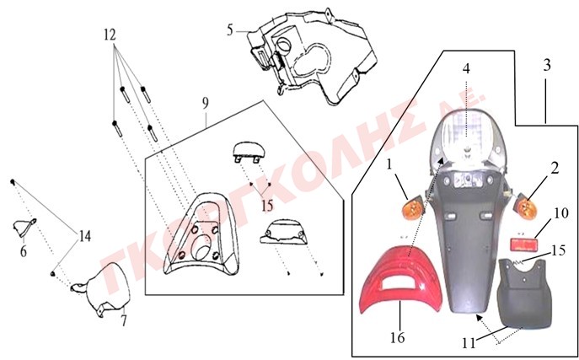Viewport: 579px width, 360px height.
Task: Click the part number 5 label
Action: pyautogui.click(x=230, y=30)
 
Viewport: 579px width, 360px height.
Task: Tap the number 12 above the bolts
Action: pyautogui.click(x=110, y=35)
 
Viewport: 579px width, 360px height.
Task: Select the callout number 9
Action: pyautogui.click(x=206, y=103)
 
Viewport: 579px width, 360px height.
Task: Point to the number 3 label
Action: pyautogui.click(x=547, y=65)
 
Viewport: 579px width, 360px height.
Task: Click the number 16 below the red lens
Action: pyautogui.click(x=397, y=337)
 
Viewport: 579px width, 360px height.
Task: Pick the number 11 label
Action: pyautogui.click(x=469, y=343)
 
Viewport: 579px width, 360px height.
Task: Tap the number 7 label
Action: pyautogui.click(x=124, y=320)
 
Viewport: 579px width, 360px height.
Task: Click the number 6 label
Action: pyautogui.click(x=24, y=251)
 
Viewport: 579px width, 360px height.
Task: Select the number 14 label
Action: pyautogui.click(x=85, y=236)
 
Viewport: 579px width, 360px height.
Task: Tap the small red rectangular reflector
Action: pyautogui.click(x=523, y=244)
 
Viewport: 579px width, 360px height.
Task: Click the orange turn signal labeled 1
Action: pyautogui.click(x=414, y=209)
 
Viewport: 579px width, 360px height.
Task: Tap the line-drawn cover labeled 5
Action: pyautogui.click(x=312, y=57)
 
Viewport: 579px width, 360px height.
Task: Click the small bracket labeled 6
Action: pyautogui.click(x=24, y=228)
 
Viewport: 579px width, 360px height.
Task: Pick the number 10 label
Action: pyautogui.click(x=561, y=213)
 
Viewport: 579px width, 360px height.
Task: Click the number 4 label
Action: pyautogui.click(x=466, y=68)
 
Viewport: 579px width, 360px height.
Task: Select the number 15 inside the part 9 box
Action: pyautogui.click(x=267, y=206)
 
